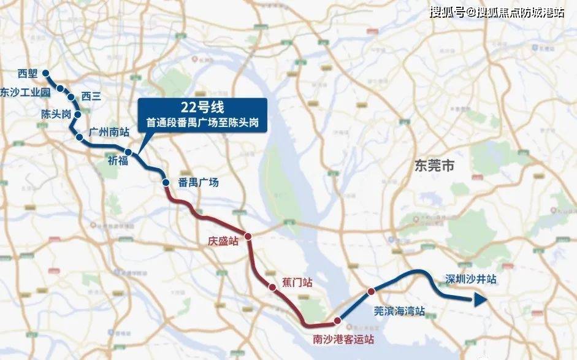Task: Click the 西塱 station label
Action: coord(28,74)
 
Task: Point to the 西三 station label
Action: coord(91,96)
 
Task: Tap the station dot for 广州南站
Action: coord(79,137)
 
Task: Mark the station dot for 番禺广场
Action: coord(165,182)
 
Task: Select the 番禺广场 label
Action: coord(198,182)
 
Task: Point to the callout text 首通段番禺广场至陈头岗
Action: coord(202,123)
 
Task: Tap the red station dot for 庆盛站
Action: coord(248,236)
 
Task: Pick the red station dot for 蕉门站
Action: coord(272,286)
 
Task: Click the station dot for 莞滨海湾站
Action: coord(370,291)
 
